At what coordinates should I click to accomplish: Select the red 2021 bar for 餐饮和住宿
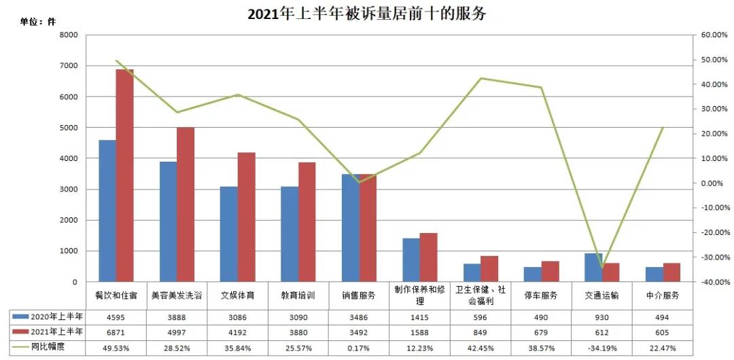pyautogui.click(x=124, y=175)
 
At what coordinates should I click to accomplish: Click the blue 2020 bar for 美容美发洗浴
pyautogui.click(x=168, y=221)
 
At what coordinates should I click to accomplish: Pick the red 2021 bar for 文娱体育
pyautogui.click(x=247, y=217)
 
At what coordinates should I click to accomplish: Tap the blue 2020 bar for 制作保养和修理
pyautogui.click(x=411, y=260)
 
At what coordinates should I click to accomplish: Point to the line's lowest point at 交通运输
pyautogui.click(x=601, y=267)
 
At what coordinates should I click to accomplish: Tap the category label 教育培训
pyautogui.click(x=298, y=296)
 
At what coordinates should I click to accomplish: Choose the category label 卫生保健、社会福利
pyautogui.click(x=480, y=296)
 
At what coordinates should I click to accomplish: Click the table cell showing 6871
pyautogui.click(x=116, y=332)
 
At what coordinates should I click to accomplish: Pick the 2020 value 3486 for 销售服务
pyautogui.click(x=359, y=317)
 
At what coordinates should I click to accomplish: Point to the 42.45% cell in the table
pyautogui.click(x=480, y=348)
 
